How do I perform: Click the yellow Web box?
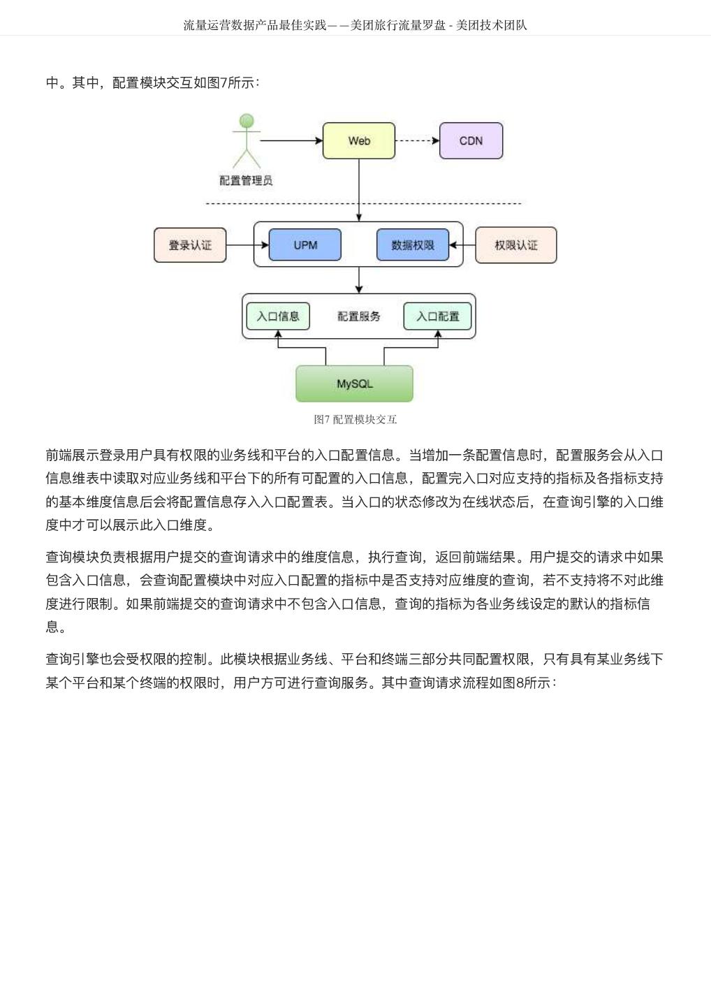(x=359, y=140)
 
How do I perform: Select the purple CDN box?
(x=471, y=140)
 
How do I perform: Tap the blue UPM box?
(x=305, y=245)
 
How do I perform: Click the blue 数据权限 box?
(x=412, y=245)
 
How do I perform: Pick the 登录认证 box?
(x=190, y=245)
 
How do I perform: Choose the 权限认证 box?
(x=515, y=245)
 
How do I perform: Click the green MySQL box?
(x=354, y=384)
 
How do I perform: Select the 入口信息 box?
(x=278, y=316)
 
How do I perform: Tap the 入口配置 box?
(x=438, y=316)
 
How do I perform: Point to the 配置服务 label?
(x=358, y=316)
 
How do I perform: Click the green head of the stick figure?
(x=247, y=122)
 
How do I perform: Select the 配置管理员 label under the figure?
(x=246, y=180)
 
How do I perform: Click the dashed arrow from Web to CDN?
(x=417, y=140)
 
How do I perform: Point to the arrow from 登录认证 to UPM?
(x=247, y=245)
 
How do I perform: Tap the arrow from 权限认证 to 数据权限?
(x=462, y=245)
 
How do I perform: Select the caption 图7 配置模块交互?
(x=355, y=419)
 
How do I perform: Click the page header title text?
(x=355, y=25)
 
